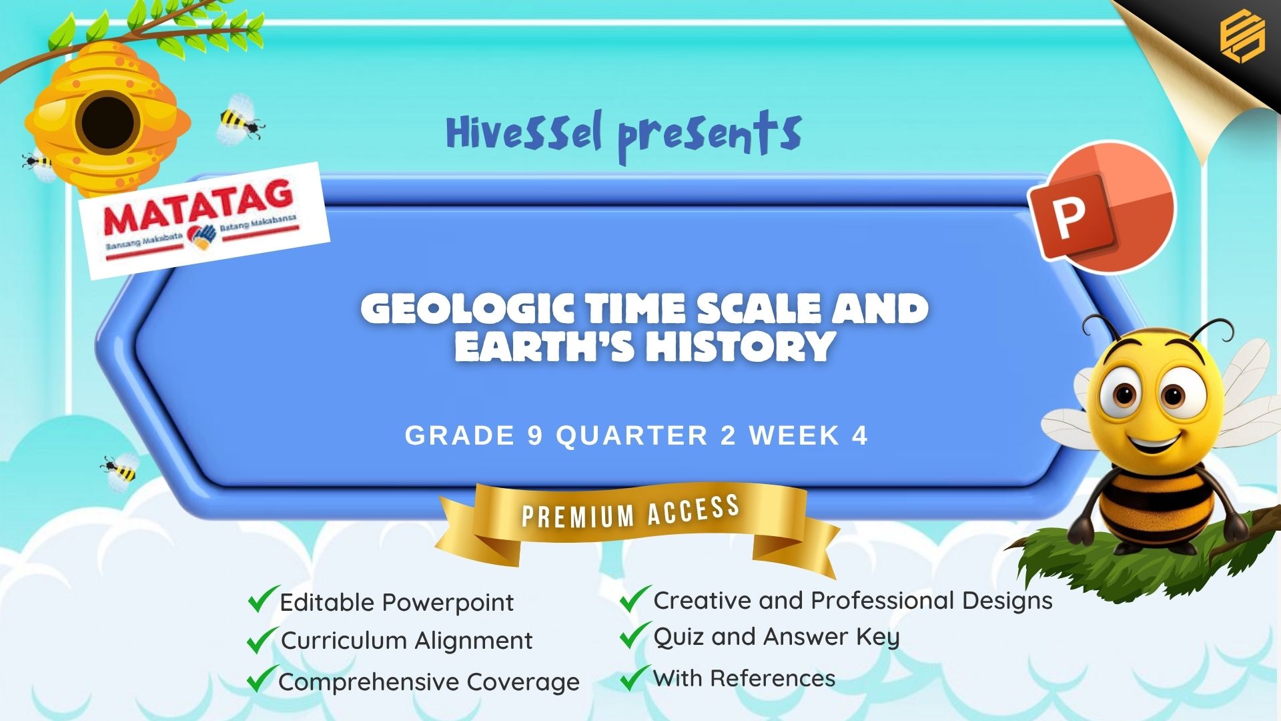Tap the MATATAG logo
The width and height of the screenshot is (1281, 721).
(x=204, y=220)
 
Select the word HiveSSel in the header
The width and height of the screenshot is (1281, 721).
(x=524, y=132)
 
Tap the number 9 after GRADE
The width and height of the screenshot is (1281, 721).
(x=535, y=436)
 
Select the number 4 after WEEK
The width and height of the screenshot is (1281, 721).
(x=859, y=436)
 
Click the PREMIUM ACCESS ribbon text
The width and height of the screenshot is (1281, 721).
(x=630, y=512)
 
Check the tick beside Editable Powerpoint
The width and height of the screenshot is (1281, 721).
(x=262, y=599)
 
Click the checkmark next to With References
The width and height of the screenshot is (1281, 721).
(x=635, y=677)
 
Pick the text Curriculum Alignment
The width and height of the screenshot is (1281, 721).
(x=406, y=640)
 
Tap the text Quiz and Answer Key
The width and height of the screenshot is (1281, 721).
(x=777, y=637)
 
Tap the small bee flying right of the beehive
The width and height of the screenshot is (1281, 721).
(x=240, y=119)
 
